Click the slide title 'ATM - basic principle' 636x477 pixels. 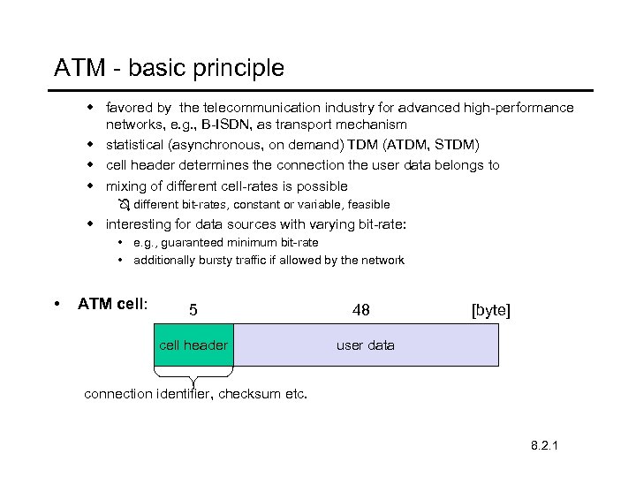point(169,68)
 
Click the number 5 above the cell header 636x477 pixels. point(193,310)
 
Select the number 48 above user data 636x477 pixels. point(360,310)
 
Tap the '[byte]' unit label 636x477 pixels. point(490,310)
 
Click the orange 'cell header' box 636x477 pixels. point(193,345)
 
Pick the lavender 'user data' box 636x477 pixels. point(365,345)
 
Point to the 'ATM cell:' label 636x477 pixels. point(113,304)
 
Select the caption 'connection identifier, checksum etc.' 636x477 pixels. point(195,394)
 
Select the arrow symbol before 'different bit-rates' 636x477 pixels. point(124,205)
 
